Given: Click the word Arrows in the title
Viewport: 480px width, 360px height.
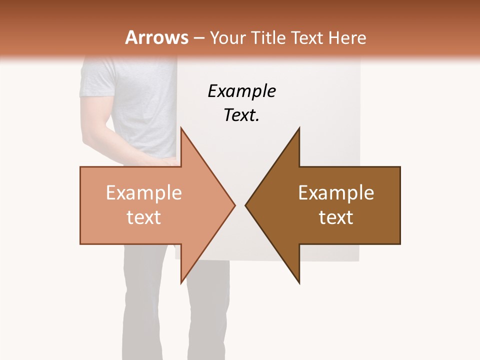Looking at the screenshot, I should click(157, 37).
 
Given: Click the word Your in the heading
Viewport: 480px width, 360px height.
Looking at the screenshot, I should click(227, 38).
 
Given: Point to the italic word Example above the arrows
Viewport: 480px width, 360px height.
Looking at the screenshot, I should click(241, 91).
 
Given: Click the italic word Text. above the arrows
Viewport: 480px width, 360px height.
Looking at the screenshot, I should click(241, 115).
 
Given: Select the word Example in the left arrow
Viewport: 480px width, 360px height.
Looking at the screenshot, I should click(143, 193).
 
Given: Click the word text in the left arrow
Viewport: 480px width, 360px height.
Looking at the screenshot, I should click(143, 217).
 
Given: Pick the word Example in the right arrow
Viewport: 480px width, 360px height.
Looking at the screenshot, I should click(336, 193).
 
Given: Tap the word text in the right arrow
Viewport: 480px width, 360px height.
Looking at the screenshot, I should click(336, 217).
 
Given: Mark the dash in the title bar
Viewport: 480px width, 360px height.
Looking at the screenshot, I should click(199, 38).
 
